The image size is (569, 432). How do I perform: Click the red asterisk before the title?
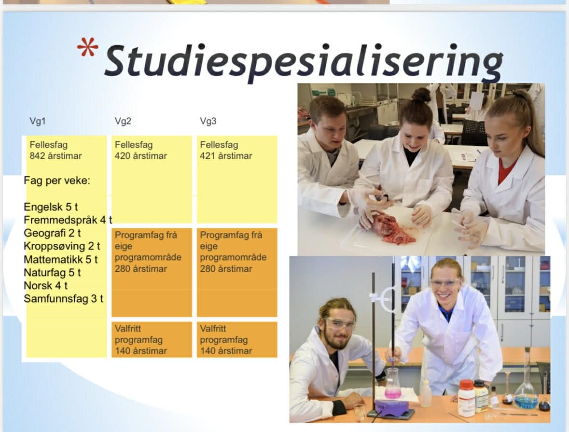87,48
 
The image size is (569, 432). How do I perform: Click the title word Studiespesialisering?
304,61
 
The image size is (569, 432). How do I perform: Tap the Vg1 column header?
38,121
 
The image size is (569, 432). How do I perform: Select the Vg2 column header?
123,121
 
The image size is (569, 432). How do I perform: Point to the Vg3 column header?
208,121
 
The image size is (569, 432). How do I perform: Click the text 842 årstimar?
56,156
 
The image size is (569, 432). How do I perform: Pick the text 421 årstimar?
226,156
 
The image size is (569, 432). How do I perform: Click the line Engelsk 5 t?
51,207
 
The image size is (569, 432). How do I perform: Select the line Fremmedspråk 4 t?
68,220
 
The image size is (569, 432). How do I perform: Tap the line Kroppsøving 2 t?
62,246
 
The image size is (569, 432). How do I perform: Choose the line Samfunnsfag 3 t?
64,299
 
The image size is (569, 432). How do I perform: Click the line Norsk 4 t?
46,286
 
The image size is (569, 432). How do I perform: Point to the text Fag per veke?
57,181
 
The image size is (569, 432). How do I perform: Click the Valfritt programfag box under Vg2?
152,339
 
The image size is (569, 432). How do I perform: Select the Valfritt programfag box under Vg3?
237,339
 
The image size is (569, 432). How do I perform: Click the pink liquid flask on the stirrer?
393,384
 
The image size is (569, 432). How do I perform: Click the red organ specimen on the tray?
389,229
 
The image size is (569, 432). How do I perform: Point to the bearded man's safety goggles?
339,323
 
